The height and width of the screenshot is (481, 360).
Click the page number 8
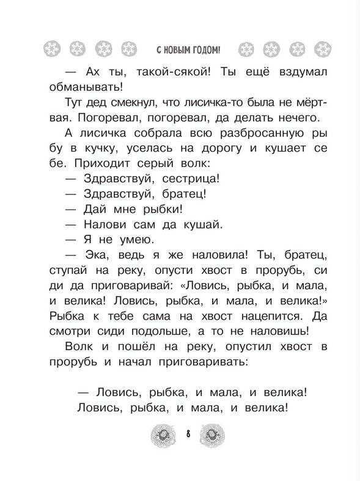[x=188, y=435]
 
